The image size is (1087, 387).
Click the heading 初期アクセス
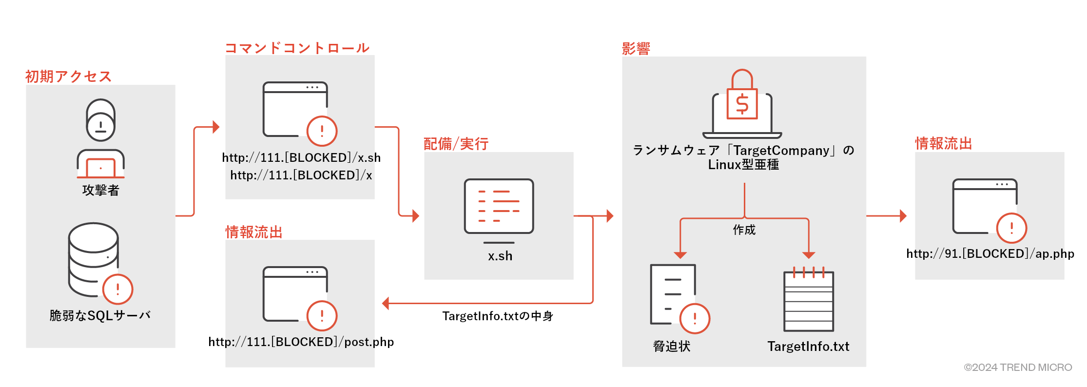[68, 77]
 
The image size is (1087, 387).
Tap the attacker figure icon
[100, 139]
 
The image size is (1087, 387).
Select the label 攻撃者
[100, 190]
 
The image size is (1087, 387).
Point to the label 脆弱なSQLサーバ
[100, 316]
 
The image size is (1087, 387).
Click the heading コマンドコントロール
[297, 48]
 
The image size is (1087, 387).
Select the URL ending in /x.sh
[301, 157]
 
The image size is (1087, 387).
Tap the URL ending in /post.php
[301, 342]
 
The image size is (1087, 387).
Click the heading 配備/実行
[456, 144]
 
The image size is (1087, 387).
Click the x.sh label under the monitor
[500, 256]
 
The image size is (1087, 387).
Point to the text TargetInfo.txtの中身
[498, 316]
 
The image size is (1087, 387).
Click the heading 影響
[636, 48]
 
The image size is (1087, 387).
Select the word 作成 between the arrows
[744, 230]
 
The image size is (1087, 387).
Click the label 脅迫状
[672, 346]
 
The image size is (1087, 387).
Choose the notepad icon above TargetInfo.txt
[809, 300]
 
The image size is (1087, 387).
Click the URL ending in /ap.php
[990, 253]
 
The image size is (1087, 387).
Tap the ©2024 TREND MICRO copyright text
[1018, 368]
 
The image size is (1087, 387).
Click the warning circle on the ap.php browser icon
[1011, 228]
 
